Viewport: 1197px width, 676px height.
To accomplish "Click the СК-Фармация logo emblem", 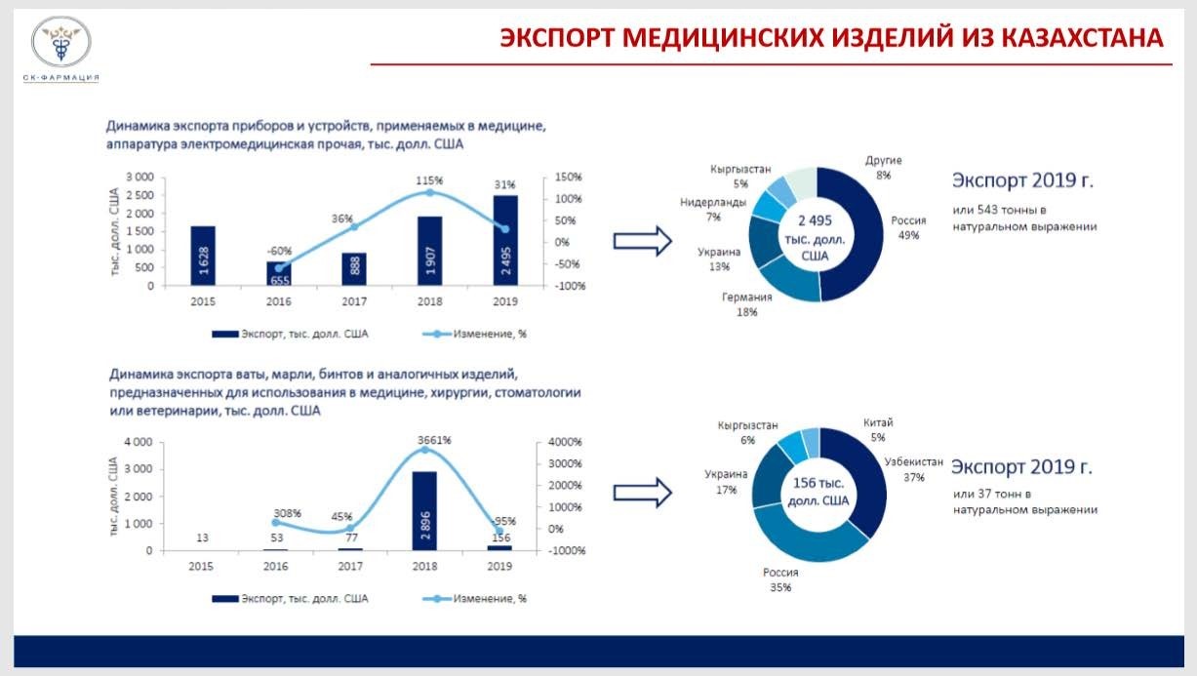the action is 60,42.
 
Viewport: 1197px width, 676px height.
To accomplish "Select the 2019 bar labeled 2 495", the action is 505,241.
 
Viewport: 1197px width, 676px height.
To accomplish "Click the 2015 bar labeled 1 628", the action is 203,256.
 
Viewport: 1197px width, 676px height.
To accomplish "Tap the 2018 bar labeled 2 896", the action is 424,511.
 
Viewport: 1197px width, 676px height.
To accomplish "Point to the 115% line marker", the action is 429,192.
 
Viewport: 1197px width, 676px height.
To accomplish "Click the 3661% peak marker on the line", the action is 424,450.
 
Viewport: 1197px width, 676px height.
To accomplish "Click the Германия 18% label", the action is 746,304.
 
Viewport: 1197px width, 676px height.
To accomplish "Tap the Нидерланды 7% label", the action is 713,210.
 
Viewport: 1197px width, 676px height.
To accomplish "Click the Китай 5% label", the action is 878,429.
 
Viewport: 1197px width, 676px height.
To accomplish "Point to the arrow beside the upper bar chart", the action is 642,241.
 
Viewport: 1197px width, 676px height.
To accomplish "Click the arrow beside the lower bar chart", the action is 642,493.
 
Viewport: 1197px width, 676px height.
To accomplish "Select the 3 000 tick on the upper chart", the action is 140,177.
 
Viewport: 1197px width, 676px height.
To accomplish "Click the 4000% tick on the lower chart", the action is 565,442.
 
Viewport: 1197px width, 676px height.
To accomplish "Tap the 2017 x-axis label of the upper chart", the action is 354,301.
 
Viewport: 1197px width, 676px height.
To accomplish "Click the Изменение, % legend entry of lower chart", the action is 474,599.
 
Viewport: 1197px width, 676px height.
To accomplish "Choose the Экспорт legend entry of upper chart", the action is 290,334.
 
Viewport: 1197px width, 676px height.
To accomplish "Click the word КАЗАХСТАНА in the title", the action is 1083,38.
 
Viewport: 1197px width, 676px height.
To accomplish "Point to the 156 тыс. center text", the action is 818,483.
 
